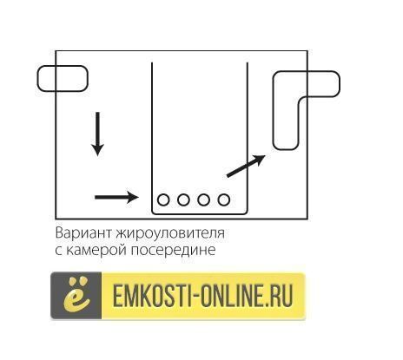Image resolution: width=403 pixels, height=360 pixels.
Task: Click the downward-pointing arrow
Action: click(x=97, y=134)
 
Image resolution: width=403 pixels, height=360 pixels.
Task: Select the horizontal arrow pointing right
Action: click(x=116, y=198)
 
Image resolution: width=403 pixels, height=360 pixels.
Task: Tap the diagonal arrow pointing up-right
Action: click(x=246, y=166)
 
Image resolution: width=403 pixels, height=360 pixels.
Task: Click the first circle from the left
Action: click(x=163, y=200)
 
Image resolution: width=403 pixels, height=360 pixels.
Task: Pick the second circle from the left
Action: click(x=183, y=200)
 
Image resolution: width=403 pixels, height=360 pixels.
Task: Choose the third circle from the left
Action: click(x=203, y=200)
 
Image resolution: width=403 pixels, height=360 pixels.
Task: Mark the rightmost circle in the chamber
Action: click(x=224, y=200)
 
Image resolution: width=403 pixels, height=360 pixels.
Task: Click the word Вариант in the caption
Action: click(x=83, y=233)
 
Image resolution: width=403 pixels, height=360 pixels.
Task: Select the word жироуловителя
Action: click(x=170, y=233)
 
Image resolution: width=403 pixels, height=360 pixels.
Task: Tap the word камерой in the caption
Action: click(x=96, y=250)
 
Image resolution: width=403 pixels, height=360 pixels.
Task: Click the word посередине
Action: click(x=174, y=250)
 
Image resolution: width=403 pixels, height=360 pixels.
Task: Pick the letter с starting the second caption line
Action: click(x=58, y=250)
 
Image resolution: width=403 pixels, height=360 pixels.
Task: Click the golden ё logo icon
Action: click(x=76, y=295)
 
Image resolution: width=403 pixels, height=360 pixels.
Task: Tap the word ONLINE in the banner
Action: click(x=232, y=296)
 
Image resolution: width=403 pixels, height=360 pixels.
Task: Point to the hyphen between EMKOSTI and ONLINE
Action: click(x=196, y=296)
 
